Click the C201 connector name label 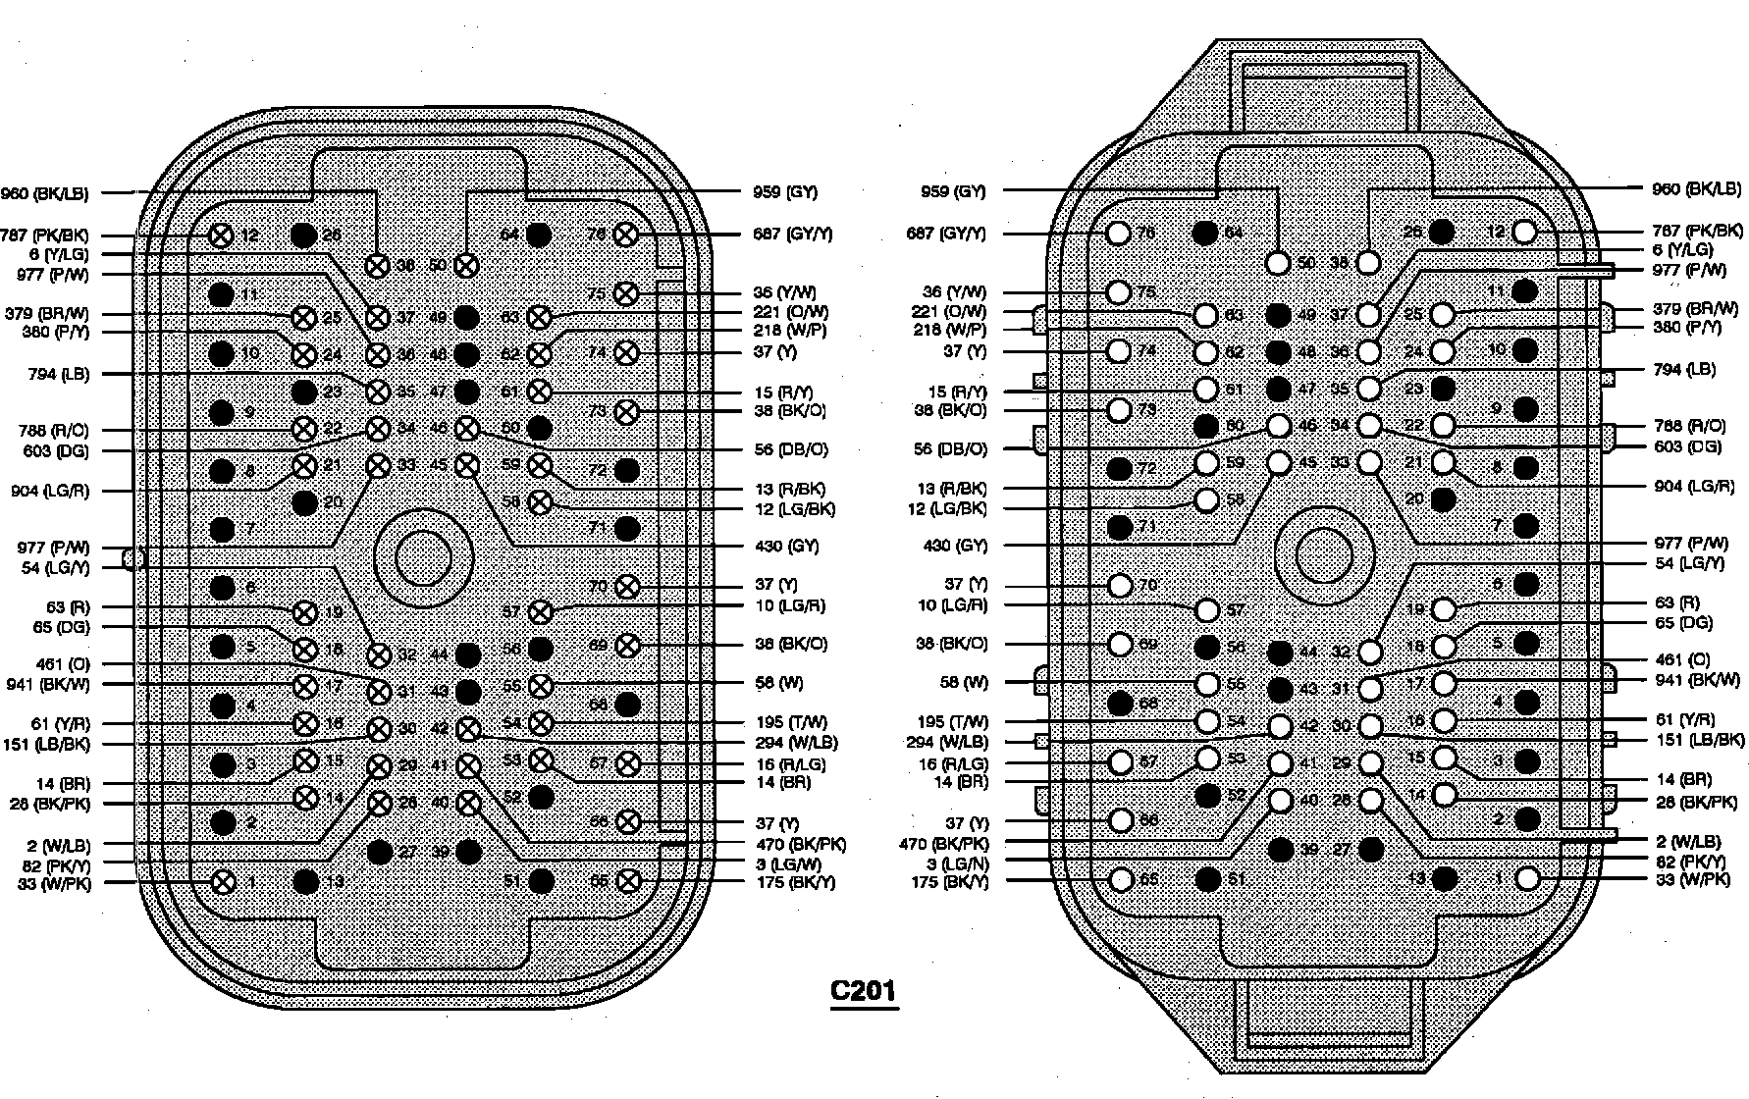pyautogui.click(x=864, y=990)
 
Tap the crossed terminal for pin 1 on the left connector pyautogui.click(x=224, y=881)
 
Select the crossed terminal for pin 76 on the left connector pyautogui.click(x=625, y=235)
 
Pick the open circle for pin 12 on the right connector pyautogui.click(x=1524, y=232)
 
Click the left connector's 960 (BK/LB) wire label pyautogui.click(x=45, y=193)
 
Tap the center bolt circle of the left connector pyautogui.click(x=423, y=556)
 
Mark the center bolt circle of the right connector pyautogui.click(x=1324, y=556)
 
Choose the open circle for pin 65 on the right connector pyautogui.click(x=1120, y=879)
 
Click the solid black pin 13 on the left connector pyautogui.click(x=307, y=881)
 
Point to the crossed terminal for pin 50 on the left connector pyautogui.click(x=467, y=265)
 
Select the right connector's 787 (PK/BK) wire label pyautogui.click(x=1697, y=232)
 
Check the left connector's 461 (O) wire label pyautogui.click(x=62, y=664)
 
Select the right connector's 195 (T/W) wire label pyautogui.click(x=952, y=722)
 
